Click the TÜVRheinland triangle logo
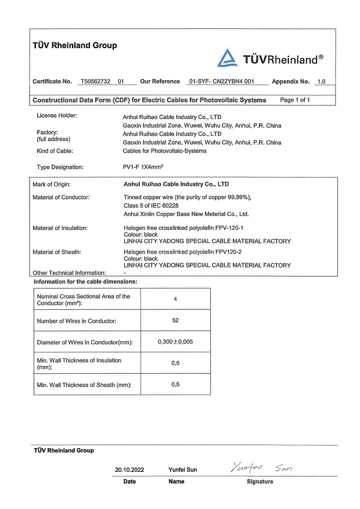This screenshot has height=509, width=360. click(226, 57)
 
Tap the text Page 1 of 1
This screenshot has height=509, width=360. click(295, 100)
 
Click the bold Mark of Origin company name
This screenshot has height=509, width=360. click(177, 184)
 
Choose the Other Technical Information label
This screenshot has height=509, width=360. click(69, 273)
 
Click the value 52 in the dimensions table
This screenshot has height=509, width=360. click(175, 320)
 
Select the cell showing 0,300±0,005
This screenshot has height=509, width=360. click(175, 342)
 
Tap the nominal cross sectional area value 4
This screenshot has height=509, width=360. click(175, 299)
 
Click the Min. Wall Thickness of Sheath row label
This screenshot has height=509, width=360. click(84, 385)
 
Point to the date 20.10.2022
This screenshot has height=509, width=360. click(129, 470)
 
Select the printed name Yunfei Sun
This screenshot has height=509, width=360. click(182, 470)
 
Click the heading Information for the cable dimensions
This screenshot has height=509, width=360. click(85, 281)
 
